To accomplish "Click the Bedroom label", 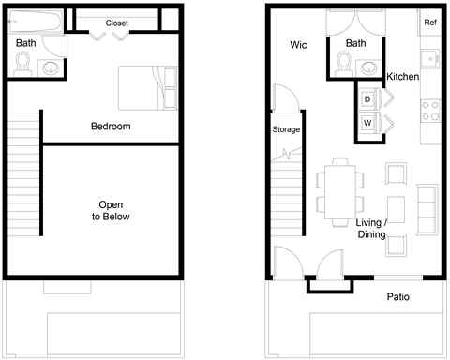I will coord(111,127).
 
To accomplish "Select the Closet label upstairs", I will coord(117,22).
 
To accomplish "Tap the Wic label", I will coord(299,45).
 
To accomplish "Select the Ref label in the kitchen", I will coord(430,22).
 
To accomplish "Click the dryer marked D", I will coord(367,98).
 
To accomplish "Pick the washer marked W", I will coord(367,122).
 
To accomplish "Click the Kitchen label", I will coord(403,76).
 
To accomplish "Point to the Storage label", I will coord(285,129).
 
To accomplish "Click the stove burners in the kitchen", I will coord(432,112).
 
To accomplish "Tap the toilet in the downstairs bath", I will coord(344,62).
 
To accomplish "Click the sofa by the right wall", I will coord(427,210).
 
